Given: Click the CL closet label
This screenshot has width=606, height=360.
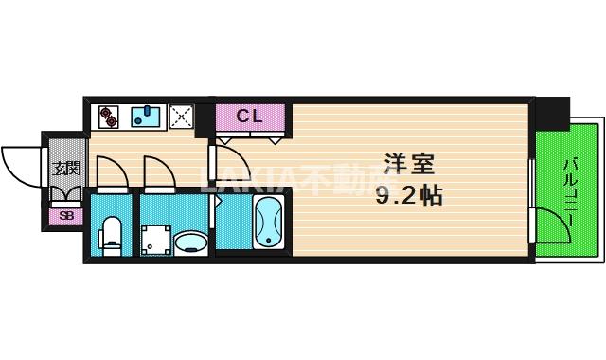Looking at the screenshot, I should click(250, 117).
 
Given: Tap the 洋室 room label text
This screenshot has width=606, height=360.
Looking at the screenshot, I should click(409, 164).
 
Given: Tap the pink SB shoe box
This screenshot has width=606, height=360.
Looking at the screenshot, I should click(65, 215).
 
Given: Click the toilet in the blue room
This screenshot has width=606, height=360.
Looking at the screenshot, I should click(112, 235).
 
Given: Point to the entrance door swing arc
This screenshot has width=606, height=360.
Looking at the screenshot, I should click(21, 163).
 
